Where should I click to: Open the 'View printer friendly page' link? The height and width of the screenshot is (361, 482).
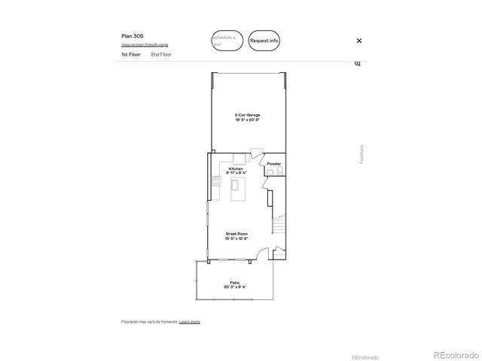point(145,44)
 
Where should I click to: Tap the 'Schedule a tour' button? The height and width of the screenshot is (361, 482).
point(227,40)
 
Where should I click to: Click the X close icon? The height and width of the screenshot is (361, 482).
point(359,41)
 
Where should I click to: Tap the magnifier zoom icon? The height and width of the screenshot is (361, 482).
point(358,63)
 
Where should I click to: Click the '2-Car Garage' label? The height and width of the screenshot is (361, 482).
point(247,115)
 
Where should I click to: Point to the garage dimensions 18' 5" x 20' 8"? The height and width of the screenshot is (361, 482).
point(247,120)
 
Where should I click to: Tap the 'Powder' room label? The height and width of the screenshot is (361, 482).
point(274,163)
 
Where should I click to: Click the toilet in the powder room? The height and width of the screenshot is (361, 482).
point(278,172)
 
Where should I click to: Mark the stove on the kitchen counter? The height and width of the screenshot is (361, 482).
point(216,180)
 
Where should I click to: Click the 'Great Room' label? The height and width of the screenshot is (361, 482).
point(236,234)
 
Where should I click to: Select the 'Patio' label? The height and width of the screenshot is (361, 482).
point(236,282)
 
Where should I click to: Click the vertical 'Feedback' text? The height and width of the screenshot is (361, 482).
point(361,153)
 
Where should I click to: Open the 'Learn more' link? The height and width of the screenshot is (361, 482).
point(190,321)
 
